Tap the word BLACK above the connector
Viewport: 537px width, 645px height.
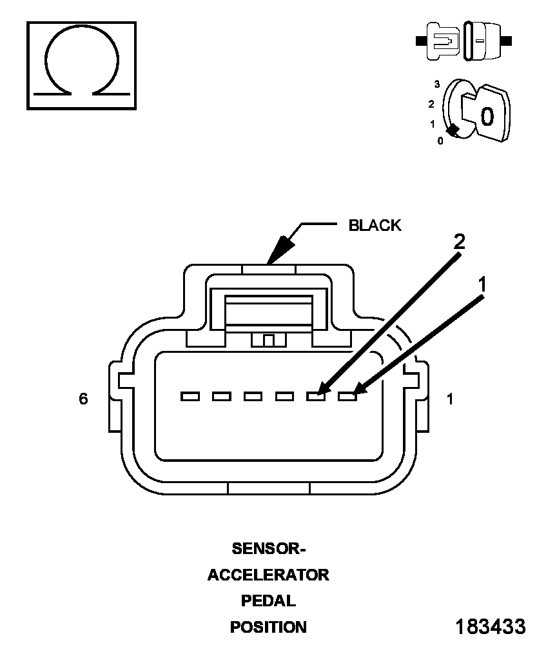pyautogui.click(x=375, y=225)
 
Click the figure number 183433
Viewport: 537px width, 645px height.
pyautogui.click(x=491, y=626)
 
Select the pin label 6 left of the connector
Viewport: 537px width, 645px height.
pyautogui.click(x=83, y=399)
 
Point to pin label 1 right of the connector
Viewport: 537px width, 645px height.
pyautogui.click(x=450, y=399)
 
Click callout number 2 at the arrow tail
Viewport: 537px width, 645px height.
pyautogui.click(x=459, y=241)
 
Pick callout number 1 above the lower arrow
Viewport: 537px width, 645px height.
pyautogui.click(x=482, y=284)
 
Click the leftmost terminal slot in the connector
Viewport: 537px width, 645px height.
pyautogui.click(x=190, y=397)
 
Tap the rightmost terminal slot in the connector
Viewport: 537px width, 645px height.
pyautogui.click(x=347, y=397)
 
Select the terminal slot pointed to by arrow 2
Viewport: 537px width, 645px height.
pyautogui.click(x=316, y=397)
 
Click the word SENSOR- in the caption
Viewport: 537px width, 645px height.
pyautogui.click(x=269, y=548)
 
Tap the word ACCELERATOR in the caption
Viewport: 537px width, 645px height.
pyautogui.click(x=268, y=575)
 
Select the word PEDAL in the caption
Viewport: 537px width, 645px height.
pyautogui.click(x=268, y=600)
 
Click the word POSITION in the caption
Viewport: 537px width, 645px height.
pyautogui.click(x=268, y=627)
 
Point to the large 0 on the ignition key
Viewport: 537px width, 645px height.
pyautogui.click(x=487, y=116)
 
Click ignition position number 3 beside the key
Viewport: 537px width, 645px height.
pyautogui.click(x=436, y=84)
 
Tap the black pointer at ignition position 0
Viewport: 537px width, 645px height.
pyautogui.click(x=453, y=130)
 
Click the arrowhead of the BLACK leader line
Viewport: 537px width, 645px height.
pyautogui.click(x=281, y=249)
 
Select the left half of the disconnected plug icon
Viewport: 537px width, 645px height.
pyautogui.click(x=438, y=41)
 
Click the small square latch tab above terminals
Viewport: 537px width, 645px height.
pyautogui.click(x=269, y=341)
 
